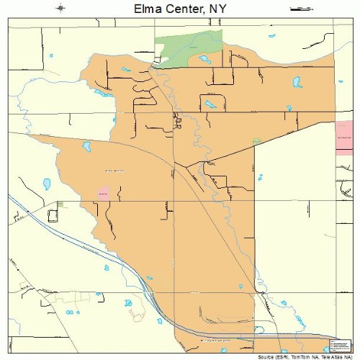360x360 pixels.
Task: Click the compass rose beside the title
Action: tap(60, 9)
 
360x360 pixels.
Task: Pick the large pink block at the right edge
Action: tap(343, 137)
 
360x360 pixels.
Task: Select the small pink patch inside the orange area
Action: tap(103, 193)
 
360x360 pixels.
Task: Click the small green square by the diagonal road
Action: tap(257, 140)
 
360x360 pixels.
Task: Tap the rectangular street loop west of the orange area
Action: tap(53, 215)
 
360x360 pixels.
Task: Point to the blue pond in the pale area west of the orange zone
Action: tap(47, 184)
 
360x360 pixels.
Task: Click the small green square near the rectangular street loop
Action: tap(60, 204)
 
